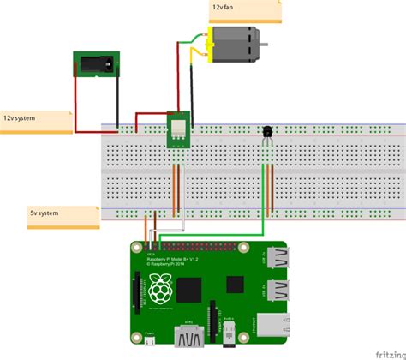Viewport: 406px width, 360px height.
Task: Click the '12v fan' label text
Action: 224,8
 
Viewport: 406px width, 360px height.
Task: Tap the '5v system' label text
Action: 44,211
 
